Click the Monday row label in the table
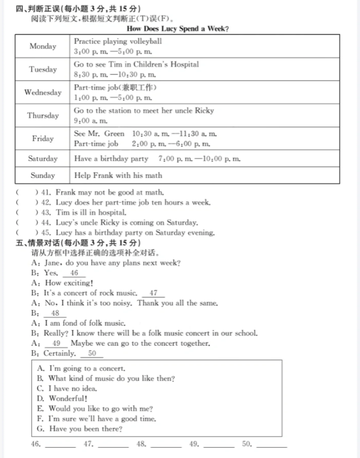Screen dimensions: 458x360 43,47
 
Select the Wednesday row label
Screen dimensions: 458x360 43,93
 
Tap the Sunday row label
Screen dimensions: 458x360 43,175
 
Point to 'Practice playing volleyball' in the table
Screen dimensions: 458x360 118,41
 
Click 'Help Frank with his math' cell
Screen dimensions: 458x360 118,175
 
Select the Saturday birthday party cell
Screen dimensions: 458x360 157,159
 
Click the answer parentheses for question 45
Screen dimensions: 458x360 26,233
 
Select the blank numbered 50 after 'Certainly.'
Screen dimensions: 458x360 92,354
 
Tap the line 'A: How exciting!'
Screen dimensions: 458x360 62,283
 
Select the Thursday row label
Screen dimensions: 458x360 43,116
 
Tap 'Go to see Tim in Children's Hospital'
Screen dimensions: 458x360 136,65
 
